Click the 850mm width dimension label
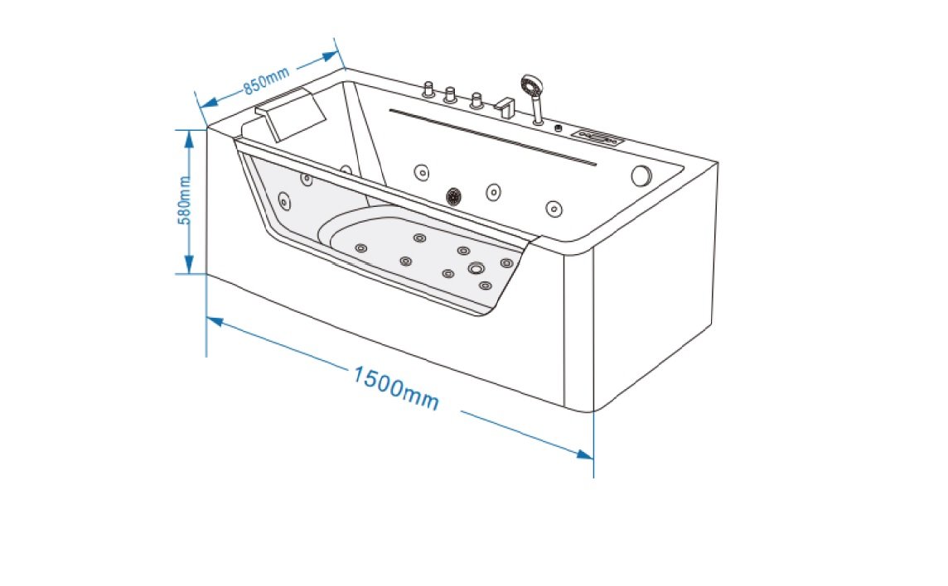point(267,79)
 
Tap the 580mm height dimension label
point(185,200)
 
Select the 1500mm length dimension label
point(396,388)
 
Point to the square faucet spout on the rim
point(505,108)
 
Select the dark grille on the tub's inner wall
point(454,195)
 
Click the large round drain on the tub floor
point(476,268)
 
